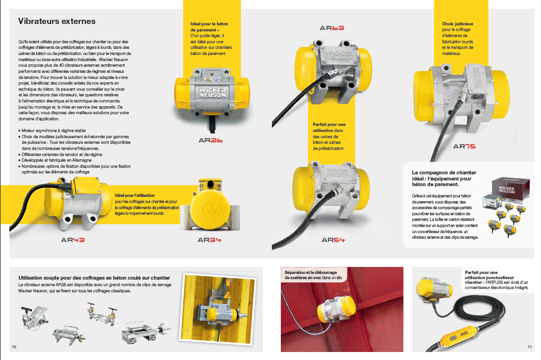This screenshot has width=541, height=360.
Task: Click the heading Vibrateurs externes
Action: tap(57, 21)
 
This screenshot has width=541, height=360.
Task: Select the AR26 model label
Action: tap(210, 140)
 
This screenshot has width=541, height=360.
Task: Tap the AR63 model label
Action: tap(332, 28)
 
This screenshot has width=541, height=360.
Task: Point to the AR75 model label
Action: tap(464, 146)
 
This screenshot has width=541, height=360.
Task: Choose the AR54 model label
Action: tap(333, 240)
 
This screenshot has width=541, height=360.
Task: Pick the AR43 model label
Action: tap(73, 240)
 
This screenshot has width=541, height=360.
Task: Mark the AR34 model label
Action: tap(209, 240)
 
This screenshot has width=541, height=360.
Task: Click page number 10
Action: tap(14, 347)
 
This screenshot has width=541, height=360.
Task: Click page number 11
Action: tap(530, 347)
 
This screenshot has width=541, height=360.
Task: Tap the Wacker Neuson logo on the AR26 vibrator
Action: tap(212, 92)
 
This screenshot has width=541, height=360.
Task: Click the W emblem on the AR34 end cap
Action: tap(210, 210)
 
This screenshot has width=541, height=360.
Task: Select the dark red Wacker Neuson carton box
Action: tap(510, 188)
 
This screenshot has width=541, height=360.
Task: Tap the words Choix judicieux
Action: tap(457, 24)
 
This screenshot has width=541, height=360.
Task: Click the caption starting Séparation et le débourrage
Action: tap(313, 275)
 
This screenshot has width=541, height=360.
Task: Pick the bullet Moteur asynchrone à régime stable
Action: tap(52, 131)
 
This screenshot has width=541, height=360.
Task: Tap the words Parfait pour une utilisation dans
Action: tap(329, 127)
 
